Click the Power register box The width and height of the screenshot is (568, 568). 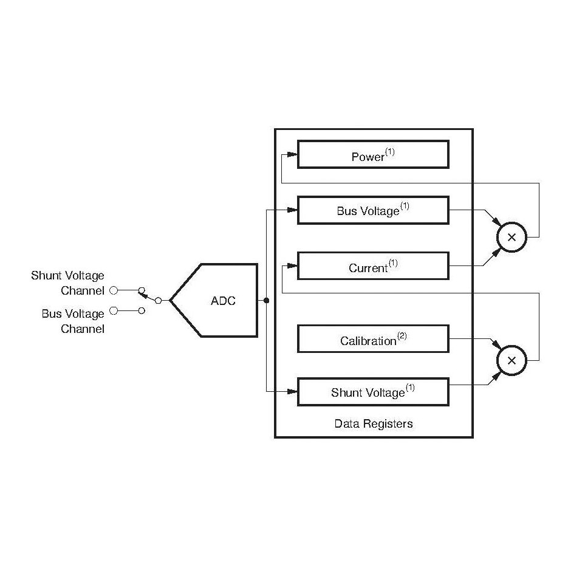[373, 155]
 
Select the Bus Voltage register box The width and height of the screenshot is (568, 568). [373, 210]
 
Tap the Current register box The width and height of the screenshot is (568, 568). [373, 266]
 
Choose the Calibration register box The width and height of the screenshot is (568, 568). [373, 339]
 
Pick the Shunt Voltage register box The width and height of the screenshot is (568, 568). [373, 392]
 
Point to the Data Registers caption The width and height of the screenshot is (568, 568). [373, 423]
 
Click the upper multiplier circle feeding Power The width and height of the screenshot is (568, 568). [512, 238]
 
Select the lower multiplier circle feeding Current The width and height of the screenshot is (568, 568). [512, 360]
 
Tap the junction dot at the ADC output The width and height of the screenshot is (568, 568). [266, 300]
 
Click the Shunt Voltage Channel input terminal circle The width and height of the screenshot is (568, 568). [114, 290]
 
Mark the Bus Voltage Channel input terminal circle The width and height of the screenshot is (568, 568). [114, 310]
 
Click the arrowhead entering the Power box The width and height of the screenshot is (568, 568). [292, 155]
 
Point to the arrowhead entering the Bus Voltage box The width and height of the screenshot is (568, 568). [292, 210]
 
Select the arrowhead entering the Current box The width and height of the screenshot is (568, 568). [292, 266]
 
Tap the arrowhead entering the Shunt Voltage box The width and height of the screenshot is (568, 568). [292, 392]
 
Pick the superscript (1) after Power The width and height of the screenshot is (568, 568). [390, 152]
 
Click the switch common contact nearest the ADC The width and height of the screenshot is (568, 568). [158, 300]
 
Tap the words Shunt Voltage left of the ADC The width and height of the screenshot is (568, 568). [67, 276]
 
